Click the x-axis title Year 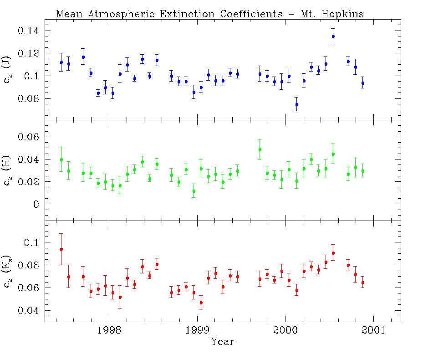(223, 342)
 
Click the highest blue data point (333, 36)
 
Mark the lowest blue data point (296, 104)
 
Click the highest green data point (260, 149)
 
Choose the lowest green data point (194, 191)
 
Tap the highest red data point (61, 249)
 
